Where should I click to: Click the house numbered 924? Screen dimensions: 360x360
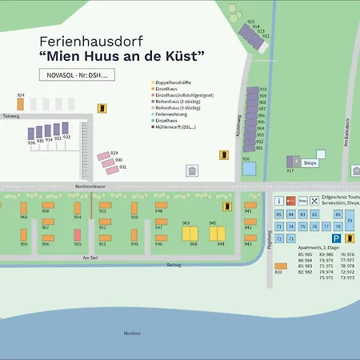click(x=21, y=103)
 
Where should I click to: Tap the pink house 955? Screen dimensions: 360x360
click(x=78, y=236)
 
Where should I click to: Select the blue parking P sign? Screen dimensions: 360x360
click(x=338, y=238)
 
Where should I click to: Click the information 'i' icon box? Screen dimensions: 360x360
click(x=278, y=200)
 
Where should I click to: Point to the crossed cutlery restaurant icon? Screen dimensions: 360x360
click(x=314, y=200)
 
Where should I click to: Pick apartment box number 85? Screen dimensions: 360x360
click(x=278, y=215)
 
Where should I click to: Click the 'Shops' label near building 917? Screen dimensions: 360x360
click(x=310, y=162)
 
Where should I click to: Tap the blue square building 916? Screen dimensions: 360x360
click(x=249, y=169)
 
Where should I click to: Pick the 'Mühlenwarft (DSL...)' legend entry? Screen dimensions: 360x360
click(x=177, y=126)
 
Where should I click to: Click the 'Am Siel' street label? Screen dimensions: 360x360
click(x=90, y=258)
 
